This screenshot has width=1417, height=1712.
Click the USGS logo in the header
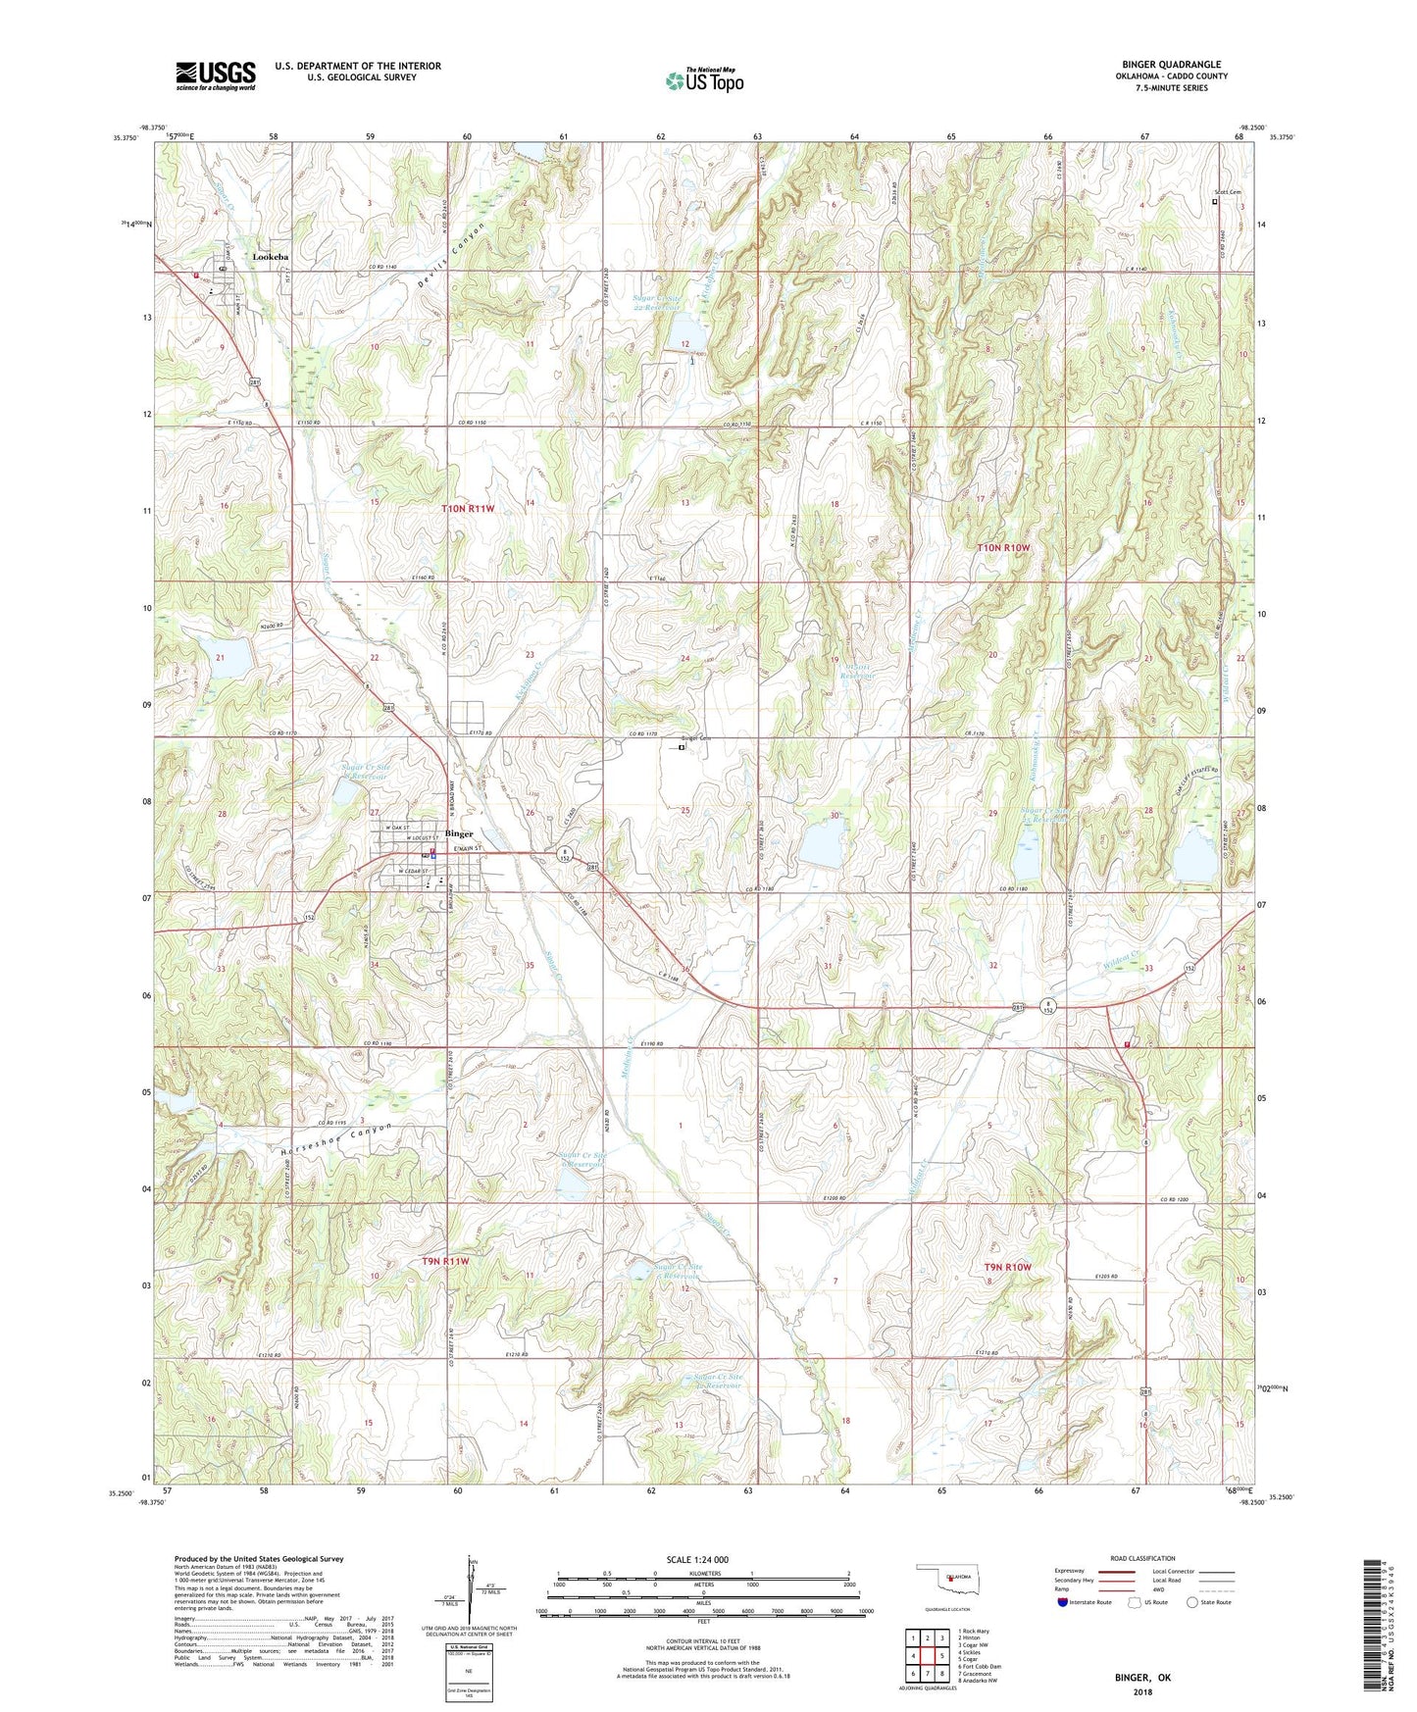click(216, 76)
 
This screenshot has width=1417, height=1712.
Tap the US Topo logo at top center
click(704, 80)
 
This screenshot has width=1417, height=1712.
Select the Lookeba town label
click(271, 257)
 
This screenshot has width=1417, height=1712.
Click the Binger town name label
click(459, 834)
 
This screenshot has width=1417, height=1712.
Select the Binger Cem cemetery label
click(695, 738)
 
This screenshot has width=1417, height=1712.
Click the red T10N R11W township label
click(468, 509)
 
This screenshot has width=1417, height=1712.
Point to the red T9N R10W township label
click(1007, 1267)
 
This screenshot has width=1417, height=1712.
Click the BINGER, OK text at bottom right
click(1141, 1678)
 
